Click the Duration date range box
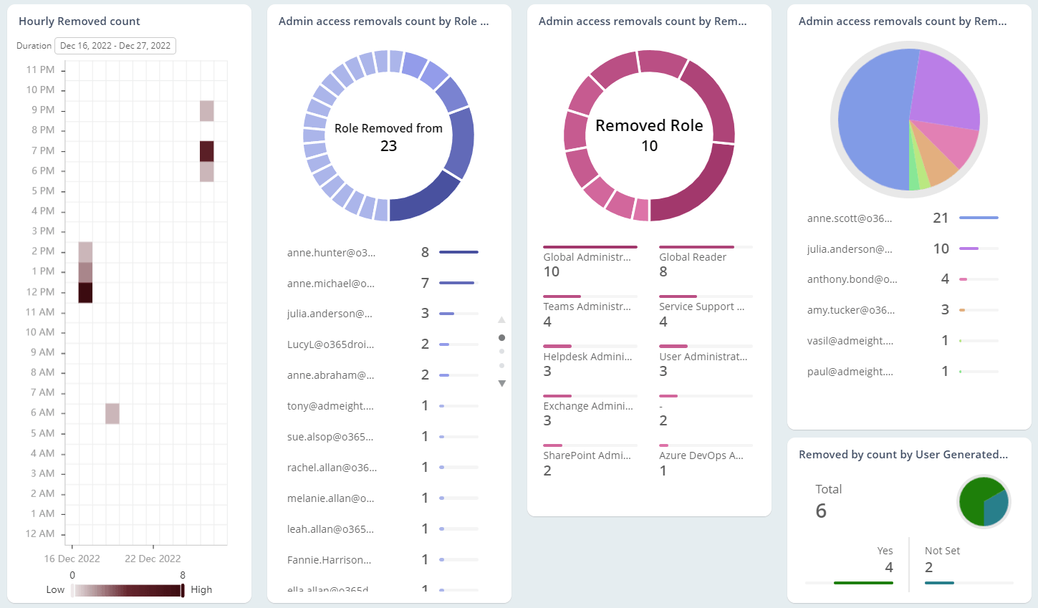click(115, 46)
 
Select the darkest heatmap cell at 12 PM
click(85, 292)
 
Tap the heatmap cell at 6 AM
click(112, 413)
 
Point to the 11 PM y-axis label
click(40, 69)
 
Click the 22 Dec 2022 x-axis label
click(153, 559)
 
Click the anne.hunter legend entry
click(331, 253)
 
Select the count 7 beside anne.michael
click(425, 284)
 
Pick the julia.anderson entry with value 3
click(330, 314)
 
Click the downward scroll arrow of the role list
click(501, 384)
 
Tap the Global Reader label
click(692, 257)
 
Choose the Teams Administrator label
click(587, 307)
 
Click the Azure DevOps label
click(701, 455)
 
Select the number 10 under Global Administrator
click(552, 272)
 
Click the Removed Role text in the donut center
click(649, 126)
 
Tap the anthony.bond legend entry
click(852, 279)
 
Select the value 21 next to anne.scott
click(941, 218)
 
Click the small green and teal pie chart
click(984, 502)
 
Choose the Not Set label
click(942, 551)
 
